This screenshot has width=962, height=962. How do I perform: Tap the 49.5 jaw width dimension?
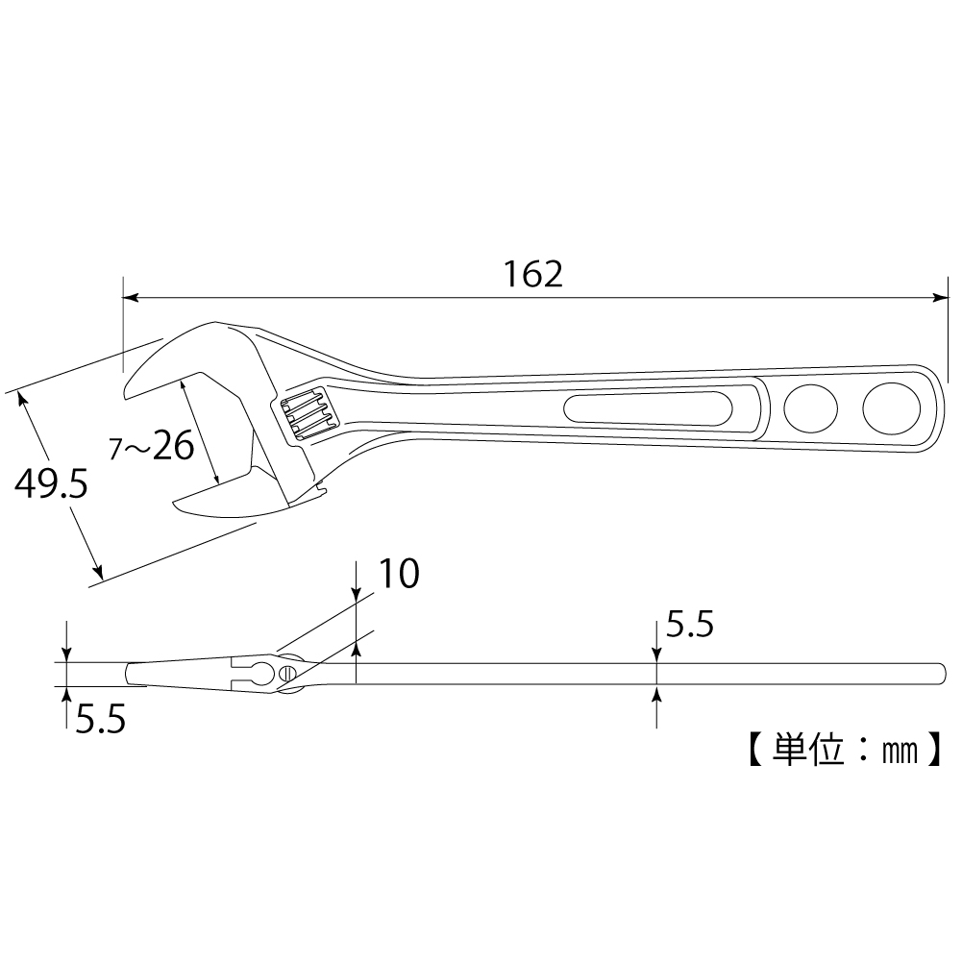pyautogui.click(x=51, y=484)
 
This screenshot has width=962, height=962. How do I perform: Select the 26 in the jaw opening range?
pyautogui.click(x=173, y=445)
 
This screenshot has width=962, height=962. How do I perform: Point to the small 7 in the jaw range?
pyautogui.click(x=115, y=450)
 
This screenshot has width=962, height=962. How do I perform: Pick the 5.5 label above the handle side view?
pyautogui.click(x=690, y=625)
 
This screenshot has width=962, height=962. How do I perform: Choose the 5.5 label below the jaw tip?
pyautogui.click(x=101, y=719)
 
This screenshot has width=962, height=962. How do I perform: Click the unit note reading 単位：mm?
pyautogui.click(x=845, y=749)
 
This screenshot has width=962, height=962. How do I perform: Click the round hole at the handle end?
pyautogui.click(x=891, y=408)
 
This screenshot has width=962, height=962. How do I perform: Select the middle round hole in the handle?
pyautogui.click(x=810, y=408)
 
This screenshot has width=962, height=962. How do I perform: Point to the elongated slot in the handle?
pyautogui.click(x=648, y=407)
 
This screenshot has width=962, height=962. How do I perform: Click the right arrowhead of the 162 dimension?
pyautogui.click(x=940, y=298)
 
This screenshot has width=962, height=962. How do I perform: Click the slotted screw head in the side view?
pyautogui.click(x=286, y=673)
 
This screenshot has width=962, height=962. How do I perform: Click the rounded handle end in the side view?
pyautogui.click(x=942, y=674)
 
